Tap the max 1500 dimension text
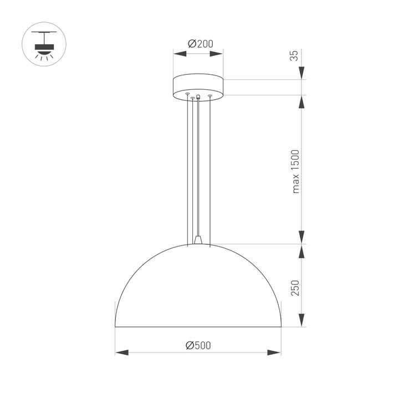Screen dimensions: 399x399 pyautogui.click(x=295, y=171)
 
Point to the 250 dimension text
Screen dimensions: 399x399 pyautogui.click(x=295, y=288)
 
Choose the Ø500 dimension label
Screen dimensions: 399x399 pyautogui.click(x=198, y=345)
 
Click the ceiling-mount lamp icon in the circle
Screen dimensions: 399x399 pyautogui.click(x=44, y=44)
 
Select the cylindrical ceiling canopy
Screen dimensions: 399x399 pyautogui.click(x=198, y=85)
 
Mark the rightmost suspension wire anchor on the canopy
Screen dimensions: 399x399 pyautogui.click(x=210, y=96)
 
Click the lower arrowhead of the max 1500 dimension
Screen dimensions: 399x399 pyautogui.click(x=301, y=238)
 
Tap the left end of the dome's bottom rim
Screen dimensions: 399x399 pyautogui.click(x=116, y=326)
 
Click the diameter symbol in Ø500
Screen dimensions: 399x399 pyautogui.click(x=190, y=345)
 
